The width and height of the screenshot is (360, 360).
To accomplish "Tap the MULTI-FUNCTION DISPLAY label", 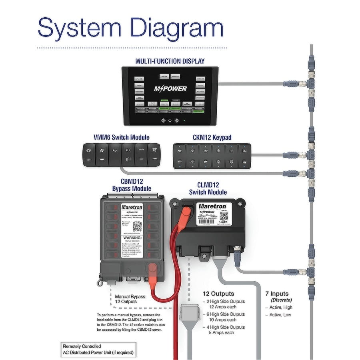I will pyautogui.click(x=170, y=61).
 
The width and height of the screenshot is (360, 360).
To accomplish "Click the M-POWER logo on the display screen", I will pyautogui.click(x=170, y=88).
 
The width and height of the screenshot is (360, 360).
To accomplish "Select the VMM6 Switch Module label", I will pyautogui.click(x=121, y=137).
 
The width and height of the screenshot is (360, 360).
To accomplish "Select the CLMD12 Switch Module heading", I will pyautogui.click(x=208, y=188).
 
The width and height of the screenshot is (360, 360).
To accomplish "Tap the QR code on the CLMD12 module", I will pyautogui.click(x=223, y=216).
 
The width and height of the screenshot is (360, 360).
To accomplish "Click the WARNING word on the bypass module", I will pyautogui.click(x=132, y=237).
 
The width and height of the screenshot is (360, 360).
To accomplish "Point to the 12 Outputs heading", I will pyautogui.click(x=218, y=294).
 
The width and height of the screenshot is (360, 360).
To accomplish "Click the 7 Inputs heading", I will pyautogui.click(x=277, y=294).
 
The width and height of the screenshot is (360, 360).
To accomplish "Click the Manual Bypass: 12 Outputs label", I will pyautogui.click(x=131, y=299).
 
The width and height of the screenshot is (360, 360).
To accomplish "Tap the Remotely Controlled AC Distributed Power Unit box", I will pyautogui.click(x=98, y=350).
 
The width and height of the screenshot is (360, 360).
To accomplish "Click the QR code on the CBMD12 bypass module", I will pyautogui.click(x=137, y=226).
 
